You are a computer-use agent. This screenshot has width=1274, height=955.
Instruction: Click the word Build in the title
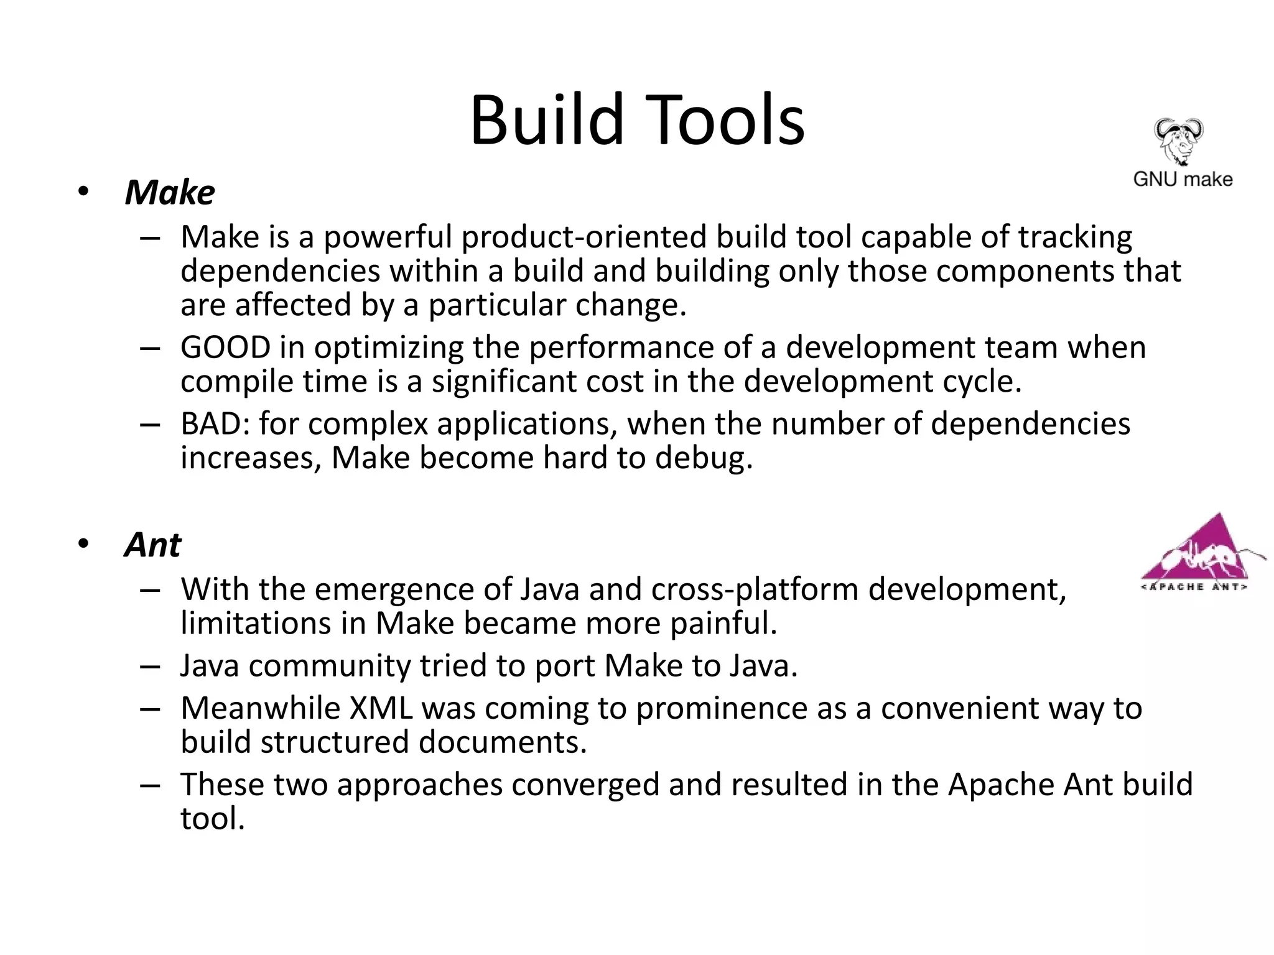point(546,119)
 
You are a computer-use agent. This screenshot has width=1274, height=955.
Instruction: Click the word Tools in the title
point(720,119)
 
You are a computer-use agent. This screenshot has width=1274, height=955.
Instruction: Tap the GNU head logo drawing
point(1178,141)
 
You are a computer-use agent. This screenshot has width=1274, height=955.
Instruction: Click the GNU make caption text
point(1183,179)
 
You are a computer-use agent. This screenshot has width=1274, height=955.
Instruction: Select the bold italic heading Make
point(170,192)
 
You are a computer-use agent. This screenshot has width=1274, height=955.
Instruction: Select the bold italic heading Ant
point(152,545)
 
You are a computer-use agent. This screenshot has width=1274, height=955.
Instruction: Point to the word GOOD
point(225,348)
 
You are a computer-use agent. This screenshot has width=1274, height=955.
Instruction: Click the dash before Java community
point(151,667)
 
